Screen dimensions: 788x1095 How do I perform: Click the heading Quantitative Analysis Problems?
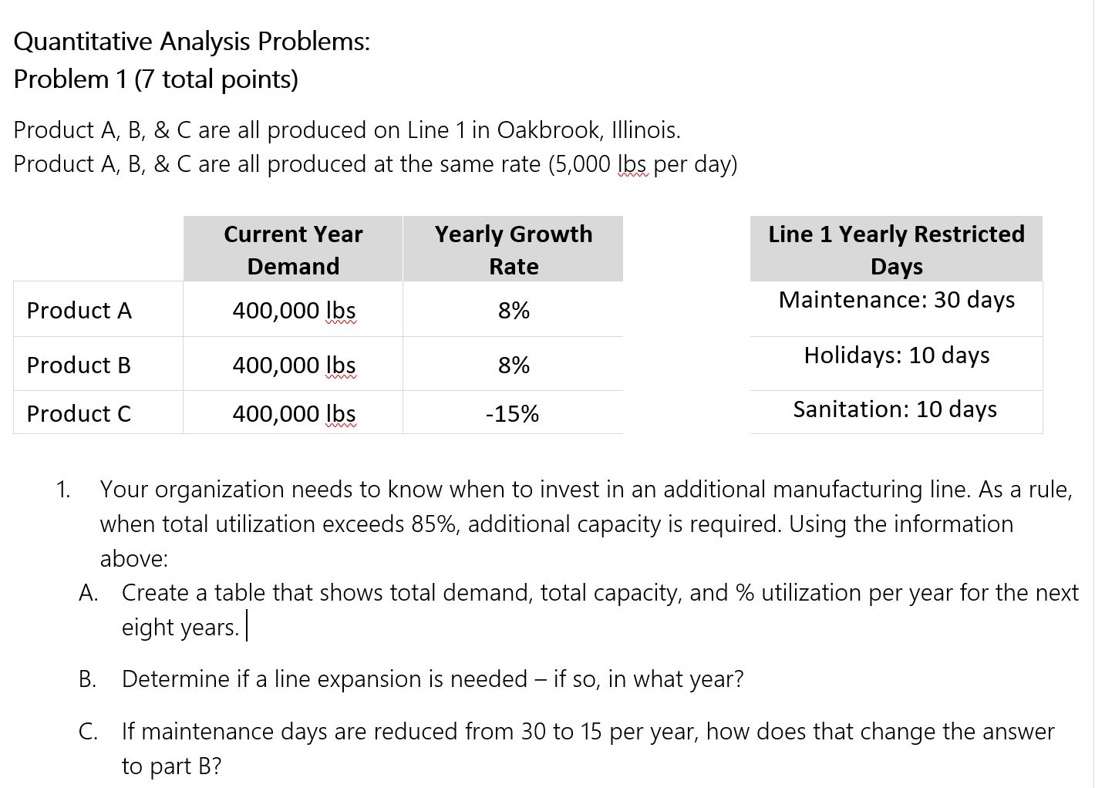[x=192, y=42]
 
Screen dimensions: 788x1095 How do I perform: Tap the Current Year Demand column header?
[x=293, y=249]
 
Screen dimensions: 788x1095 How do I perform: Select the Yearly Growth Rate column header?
[x=514, y=249]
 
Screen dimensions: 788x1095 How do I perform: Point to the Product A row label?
[x=79, y=310]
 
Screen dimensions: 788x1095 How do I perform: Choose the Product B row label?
[x=79, y=365]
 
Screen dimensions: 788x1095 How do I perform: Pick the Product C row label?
[x=79, y=414]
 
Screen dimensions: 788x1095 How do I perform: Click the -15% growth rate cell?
[x=513, y=414]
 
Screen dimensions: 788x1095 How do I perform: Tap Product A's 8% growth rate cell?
[x=514, y=310]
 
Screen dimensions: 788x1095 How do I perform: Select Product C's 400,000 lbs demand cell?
[x=294, y=414]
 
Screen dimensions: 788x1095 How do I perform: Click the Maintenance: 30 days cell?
[x=897, y=299]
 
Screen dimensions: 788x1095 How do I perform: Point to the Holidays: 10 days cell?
[x=897, y=355]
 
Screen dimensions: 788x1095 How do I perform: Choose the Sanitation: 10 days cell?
[x=895, y=409]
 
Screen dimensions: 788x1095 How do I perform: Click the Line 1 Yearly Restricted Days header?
[x=897, y=249]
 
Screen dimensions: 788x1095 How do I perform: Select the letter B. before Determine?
[x=87, y=679]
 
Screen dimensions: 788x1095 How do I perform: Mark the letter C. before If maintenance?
[x=87, y=731]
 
